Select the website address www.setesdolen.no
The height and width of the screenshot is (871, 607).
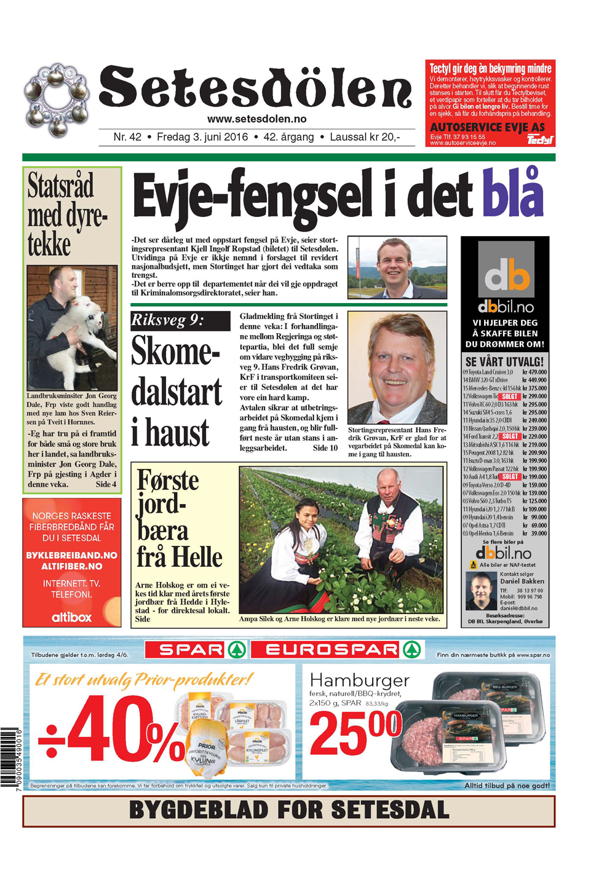coord(256,119)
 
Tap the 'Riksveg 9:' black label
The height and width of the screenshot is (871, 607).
coord(167,320)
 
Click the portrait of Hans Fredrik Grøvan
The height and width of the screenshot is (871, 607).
coord(397,367)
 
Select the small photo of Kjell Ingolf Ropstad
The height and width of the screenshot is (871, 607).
coord(397,267)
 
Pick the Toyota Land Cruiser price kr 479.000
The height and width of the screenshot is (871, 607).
coord(534,372)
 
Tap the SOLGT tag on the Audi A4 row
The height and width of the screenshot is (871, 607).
coord(510,476)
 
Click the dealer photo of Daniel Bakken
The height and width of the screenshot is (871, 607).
coord(481,591)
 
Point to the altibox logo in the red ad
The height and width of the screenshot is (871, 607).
coord(71,617)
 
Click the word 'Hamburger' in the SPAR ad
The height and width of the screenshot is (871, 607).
coord(359,680)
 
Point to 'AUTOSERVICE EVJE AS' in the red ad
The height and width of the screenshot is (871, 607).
coord(487,127)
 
